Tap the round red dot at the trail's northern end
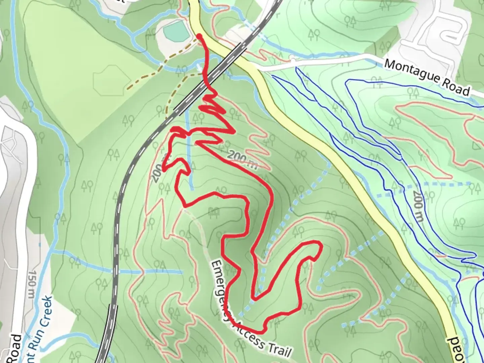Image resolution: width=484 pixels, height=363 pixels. [199, 36]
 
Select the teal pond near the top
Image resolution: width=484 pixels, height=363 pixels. [176, 31]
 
